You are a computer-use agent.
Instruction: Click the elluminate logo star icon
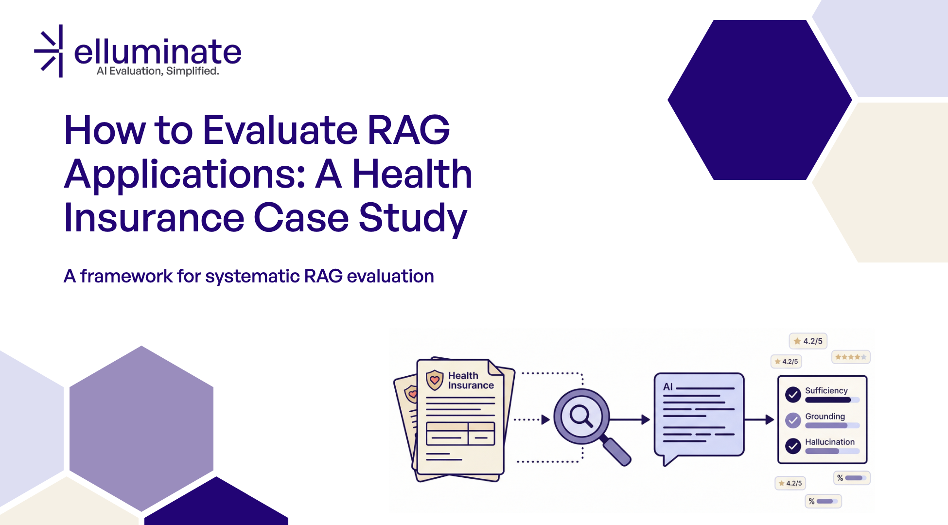pyautogui.click(x=51, y=52)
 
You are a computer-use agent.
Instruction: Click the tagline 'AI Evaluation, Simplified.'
pyautogui.click(x=158, y=71)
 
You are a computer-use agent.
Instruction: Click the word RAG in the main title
pyautogui.click(x=408, y=130)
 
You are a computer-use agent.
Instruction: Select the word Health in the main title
pyautogui.click(x=412, y=174)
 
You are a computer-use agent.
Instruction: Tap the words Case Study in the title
pyautogui.click(x=360, y=218)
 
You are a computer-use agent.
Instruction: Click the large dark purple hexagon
pyautogui.click(x=759, y=100)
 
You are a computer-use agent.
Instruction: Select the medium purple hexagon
pyautogui.click(x=141, y=428)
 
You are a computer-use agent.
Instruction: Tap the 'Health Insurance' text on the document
pyautogui.click(x=470, y=381)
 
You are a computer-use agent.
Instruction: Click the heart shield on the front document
pyautogui.click(x=435, y=380)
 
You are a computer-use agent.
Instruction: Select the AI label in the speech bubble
pyautogui.click(x=668, y=387)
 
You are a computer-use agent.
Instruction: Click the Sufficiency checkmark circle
pyautogui.click(x=793, y=394)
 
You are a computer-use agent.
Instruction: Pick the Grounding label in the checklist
pyautogui.click(x=825, y=416)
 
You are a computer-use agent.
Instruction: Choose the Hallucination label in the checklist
pyautogui.click(x=829, y=442)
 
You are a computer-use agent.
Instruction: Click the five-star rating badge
pyautogui.click(x=851, y=357)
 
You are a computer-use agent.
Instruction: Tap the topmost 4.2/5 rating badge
pyautogui.click(x=808, y=341)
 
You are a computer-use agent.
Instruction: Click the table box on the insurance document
pyautogui.click(x=460, y=434)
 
